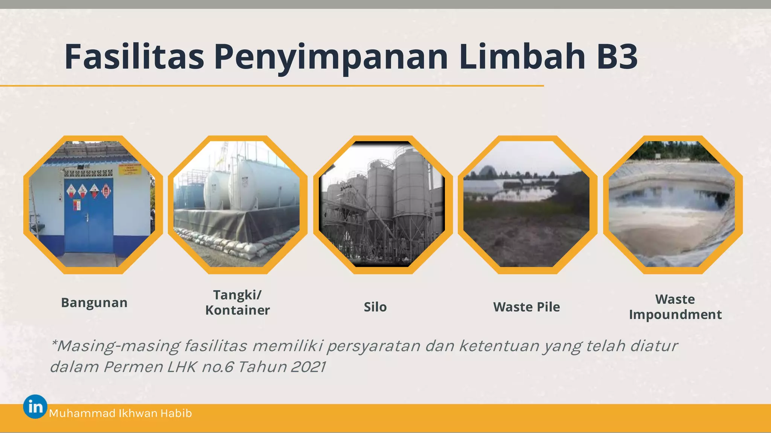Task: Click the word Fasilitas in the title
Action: click(x=134, y=57)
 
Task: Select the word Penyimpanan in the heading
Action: click(x=331, y=58)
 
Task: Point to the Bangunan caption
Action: click(x=94, y=303)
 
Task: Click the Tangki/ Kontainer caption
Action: click(x=238, y=303)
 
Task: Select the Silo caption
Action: click(x=375, y=307)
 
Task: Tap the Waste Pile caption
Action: click(x=526, y=307)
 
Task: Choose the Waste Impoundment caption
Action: click(x=675, y=307)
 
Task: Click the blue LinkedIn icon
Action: click(x=35, y=407)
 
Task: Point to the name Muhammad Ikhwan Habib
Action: click(x=120, y=413)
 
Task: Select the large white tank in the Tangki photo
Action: click(x=264, y=184)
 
